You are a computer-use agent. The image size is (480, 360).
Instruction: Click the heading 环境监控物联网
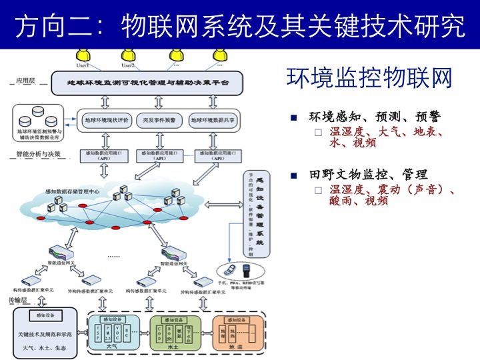click(369, 78)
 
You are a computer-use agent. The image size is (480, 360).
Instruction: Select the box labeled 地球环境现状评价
click(107, 121)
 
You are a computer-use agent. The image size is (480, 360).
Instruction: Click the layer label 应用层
click(26, 81)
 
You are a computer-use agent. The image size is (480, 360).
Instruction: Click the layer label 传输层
click(18, 301)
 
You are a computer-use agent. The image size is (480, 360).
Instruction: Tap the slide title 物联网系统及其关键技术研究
click(293, 25)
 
